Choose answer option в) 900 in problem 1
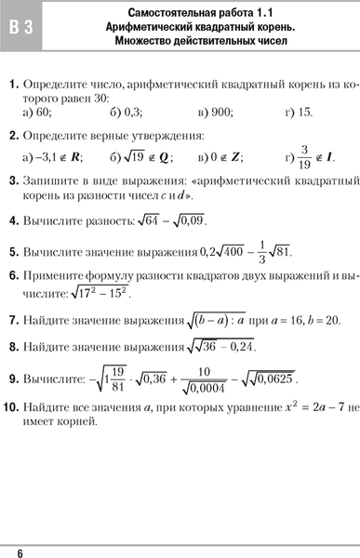(x=216, y=113)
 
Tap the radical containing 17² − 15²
(x=100, y=292)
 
